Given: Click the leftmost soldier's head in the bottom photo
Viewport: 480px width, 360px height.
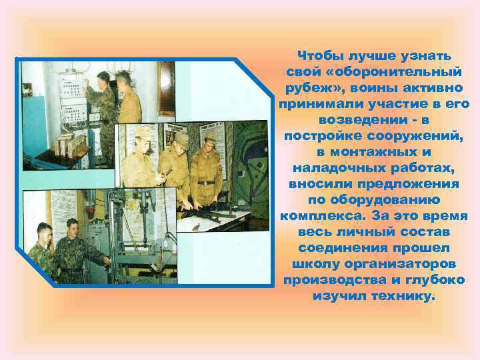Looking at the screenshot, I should (x=43, y=233).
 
